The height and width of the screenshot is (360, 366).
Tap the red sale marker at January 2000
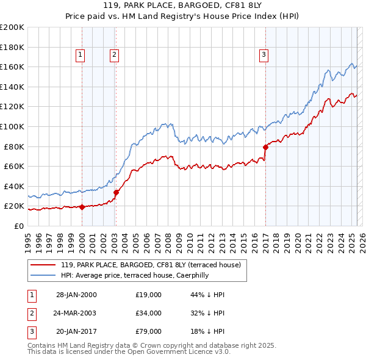pyautogui.click(x=82, y=207)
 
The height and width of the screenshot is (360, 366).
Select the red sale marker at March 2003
pyautogui.click(x=116, y=192)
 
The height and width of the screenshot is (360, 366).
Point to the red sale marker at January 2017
pyautogui.click(x=265, y=147)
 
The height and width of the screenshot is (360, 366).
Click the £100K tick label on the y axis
pyautogui.click(x=12, y=126)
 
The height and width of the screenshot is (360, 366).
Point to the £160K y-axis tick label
pyautogui.click(x=12, y=67)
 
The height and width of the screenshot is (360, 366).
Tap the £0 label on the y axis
pyautogui.click(x=18, y=226)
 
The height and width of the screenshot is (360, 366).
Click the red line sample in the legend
pyautogui.click(x=43, y=265)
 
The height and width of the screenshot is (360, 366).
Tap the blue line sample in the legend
pyautogui.click(x=43, y=275)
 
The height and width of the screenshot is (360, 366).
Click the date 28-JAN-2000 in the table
pyautogui.click(x=76, y=295)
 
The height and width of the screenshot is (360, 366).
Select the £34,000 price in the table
pyautogui.click(x=149, y=313)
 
